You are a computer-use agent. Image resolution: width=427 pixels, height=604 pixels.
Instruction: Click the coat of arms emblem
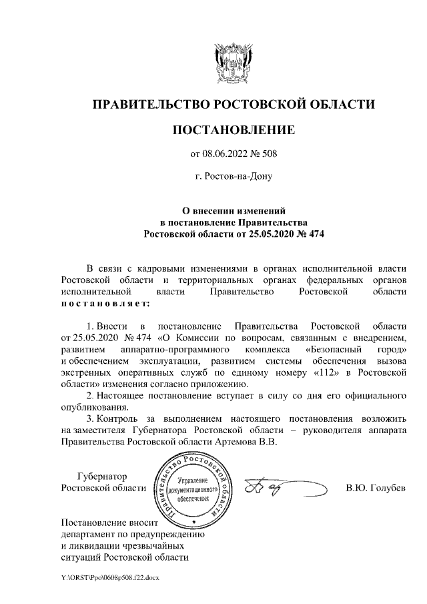tap(234, 63)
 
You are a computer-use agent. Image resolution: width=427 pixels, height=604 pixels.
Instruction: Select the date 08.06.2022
tap(227, 154)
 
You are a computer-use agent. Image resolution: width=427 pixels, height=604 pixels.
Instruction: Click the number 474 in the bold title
tap(311, 234)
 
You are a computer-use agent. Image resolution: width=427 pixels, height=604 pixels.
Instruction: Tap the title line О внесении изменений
tap(234, 210)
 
